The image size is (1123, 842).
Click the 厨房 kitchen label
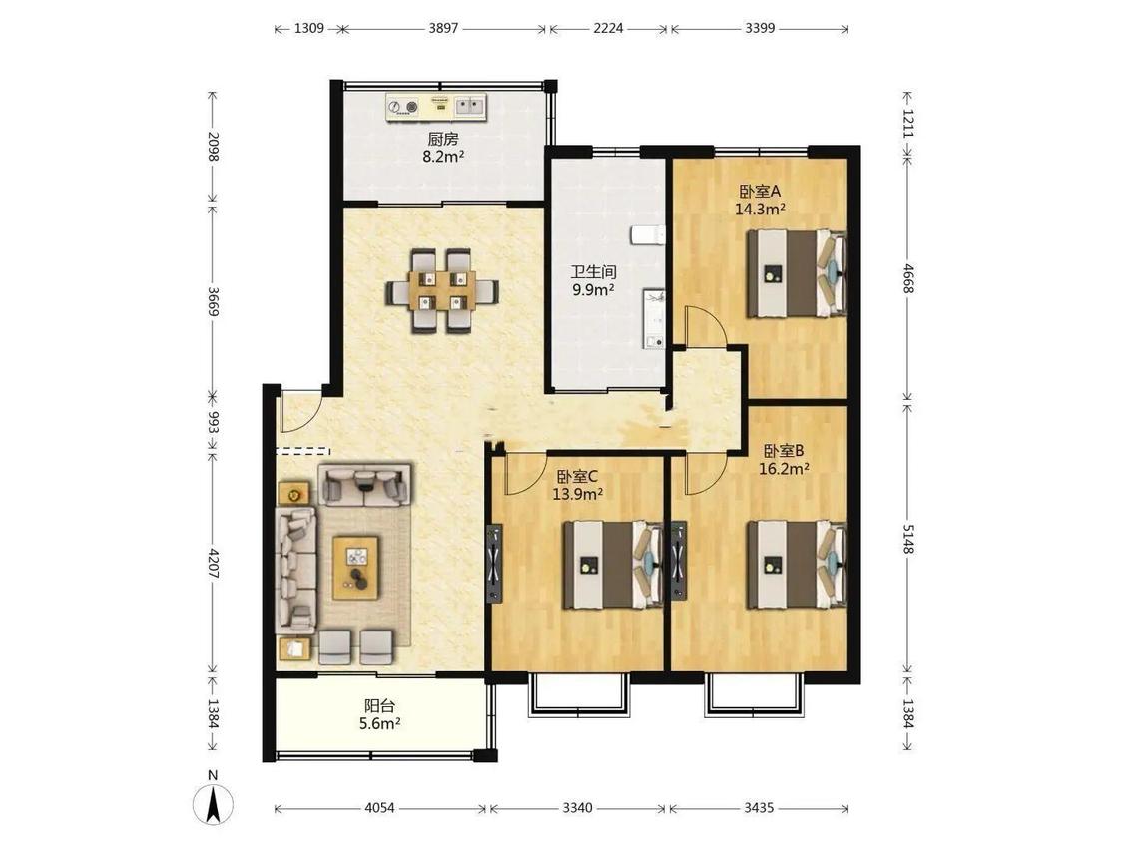[442, 139]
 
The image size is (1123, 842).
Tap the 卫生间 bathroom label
[593, 272]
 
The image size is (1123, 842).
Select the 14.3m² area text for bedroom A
[760, 210]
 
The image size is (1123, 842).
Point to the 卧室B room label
[784, 450]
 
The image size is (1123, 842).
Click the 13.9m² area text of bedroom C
[577, 493]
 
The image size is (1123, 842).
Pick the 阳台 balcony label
[379, 706]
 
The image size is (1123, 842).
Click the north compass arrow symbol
[213, 803]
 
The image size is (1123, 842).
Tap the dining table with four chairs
[442, 290]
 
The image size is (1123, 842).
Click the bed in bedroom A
[797, 272]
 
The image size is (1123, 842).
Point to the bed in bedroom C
[613, 565]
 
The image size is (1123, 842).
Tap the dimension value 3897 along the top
[443, 29]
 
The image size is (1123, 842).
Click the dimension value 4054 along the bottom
[379, 808]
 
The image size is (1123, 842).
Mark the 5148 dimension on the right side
[908, 538]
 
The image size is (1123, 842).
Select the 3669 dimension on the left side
[213, 301]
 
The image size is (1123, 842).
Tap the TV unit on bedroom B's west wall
[678, 561]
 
